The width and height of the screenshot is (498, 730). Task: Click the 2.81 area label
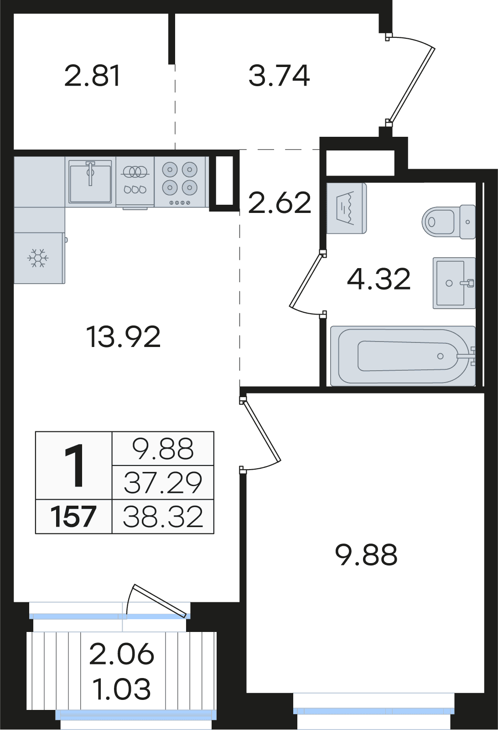93,76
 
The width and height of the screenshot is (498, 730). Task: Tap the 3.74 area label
279,76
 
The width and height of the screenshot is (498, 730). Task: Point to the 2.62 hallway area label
279,203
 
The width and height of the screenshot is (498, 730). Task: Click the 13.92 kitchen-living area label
123,337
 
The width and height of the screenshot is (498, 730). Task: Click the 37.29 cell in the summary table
163,482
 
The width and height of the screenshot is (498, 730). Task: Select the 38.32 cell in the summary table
163,517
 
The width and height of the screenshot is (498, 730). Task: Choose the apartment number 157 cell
74,517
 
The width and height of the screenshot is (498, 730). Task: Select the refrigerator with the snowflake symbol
39,258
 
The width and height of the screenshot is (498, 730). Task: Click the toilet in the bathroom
448,222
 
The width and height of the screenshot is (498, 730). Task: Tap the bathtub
403,356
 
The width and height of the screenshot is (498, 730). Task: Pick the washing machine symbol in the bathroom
347,208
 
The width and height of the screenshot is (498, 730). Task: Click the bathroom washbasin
454,283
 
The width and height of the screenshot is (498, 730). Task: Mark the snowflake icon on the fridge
38,258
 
